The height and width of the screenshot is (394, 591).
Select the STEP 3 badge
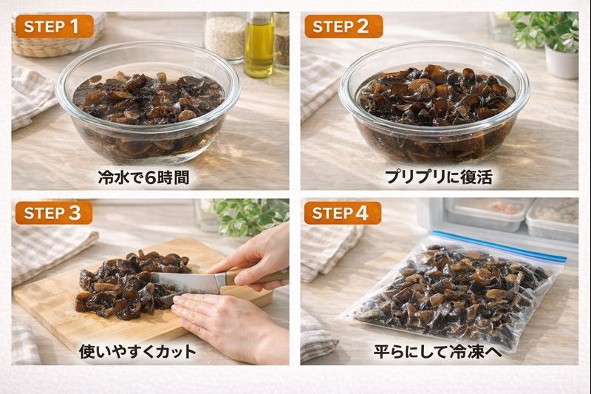pyautogui.click(x=54, y=213)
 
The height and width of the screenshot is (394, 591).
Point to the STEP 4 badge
pyautogui.click(x=341, y=213)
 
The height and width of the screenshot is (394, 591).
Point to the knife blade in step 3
pyautogui.click(x=185, y=280)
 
